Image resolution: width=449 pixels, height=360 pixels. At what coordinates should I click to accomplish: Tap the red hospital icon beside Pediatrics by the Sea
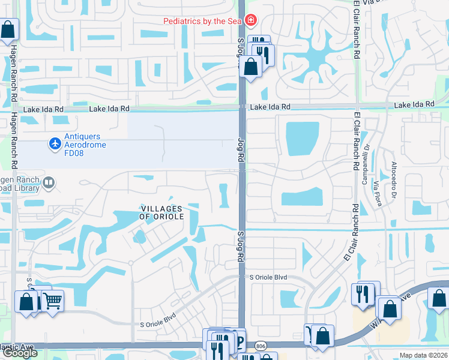click(250, 21)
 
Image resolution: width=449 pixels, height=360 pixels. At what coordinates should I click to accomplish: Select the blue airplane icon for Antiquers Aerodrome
click(55, 143)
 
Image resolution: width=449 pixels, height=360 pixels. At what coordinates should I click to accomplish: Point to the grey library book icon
click(49, 182)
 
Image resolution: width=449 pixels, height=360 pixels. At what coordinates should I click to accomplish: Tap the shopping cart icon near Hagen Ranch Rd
click(53, 299)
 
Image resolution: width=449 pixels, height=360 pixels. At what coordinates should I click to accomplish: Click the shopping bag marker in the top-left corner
click(8, 29)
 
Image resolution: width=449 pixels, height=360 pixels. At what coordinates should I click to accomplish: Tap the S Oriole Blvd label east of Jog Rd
click(268, 277)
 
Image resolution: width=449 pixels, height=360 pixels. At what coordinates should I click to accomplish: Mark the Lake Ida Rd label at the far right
click(414, 105)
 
